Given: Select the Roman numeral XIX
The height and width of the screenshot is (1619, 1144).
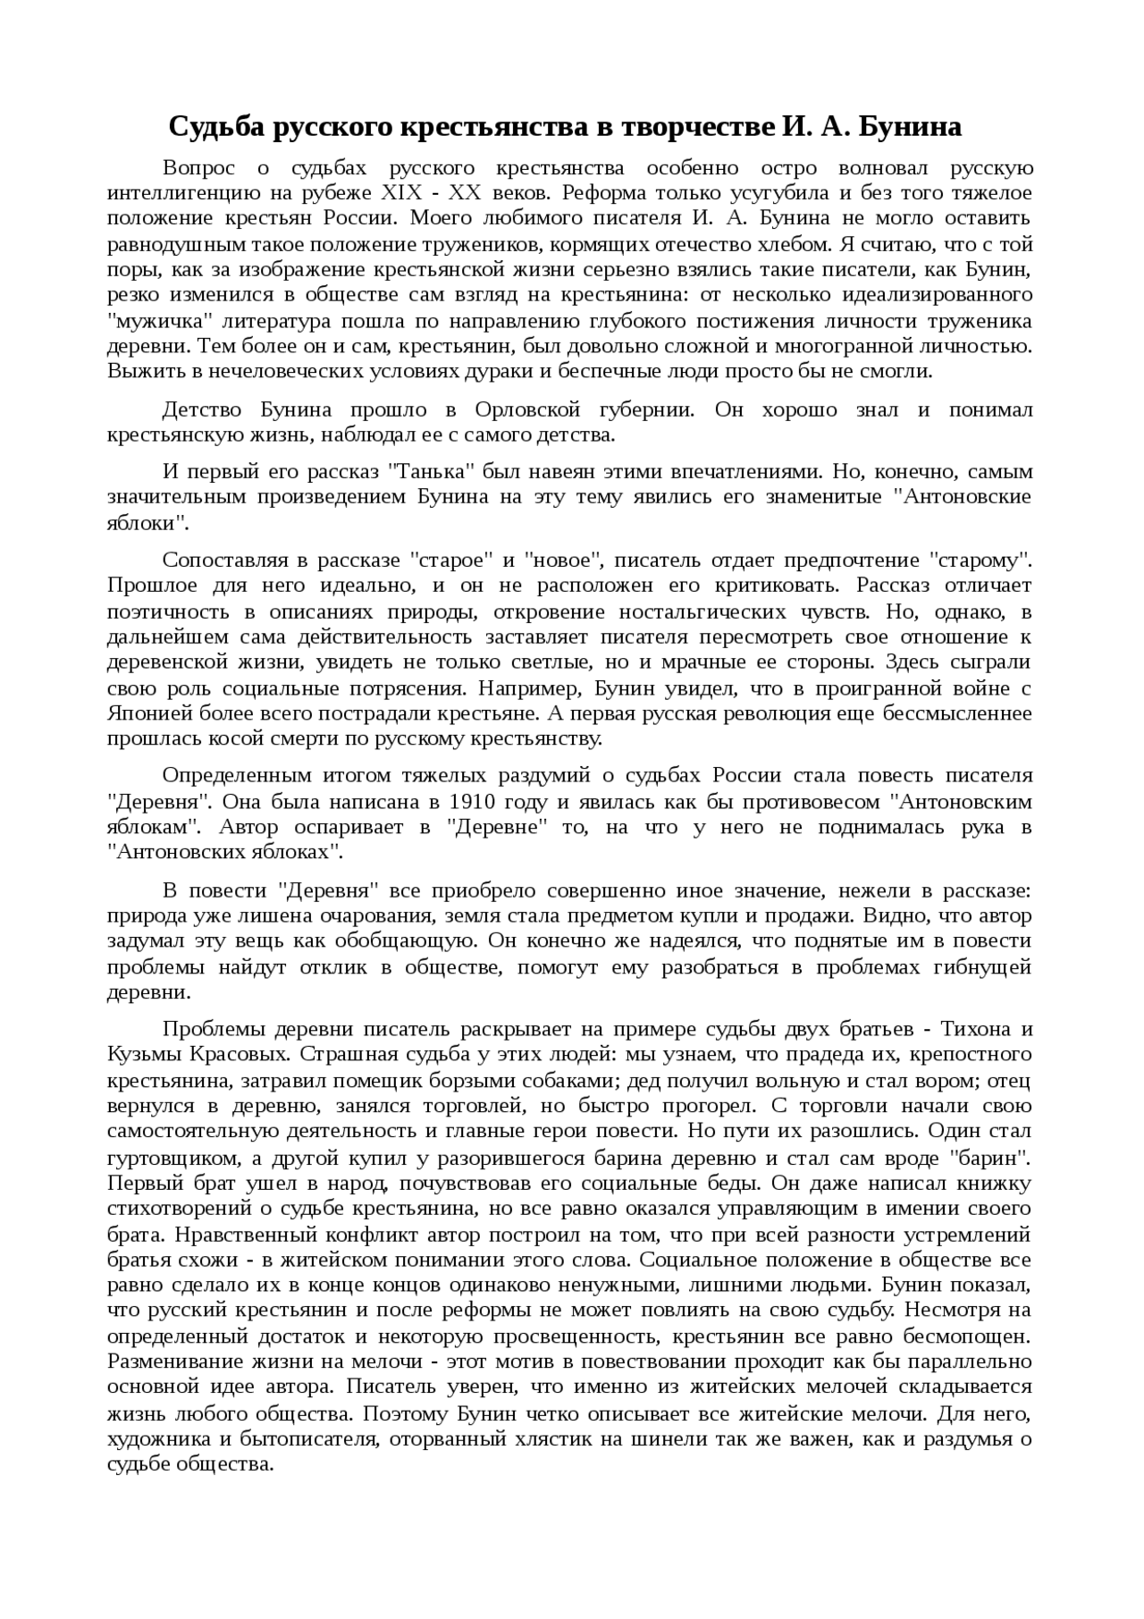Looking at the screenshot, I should coord(403,192).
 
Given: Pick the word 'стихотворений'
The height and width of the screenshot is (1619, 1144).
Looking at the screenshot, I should coord(188,1209).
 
